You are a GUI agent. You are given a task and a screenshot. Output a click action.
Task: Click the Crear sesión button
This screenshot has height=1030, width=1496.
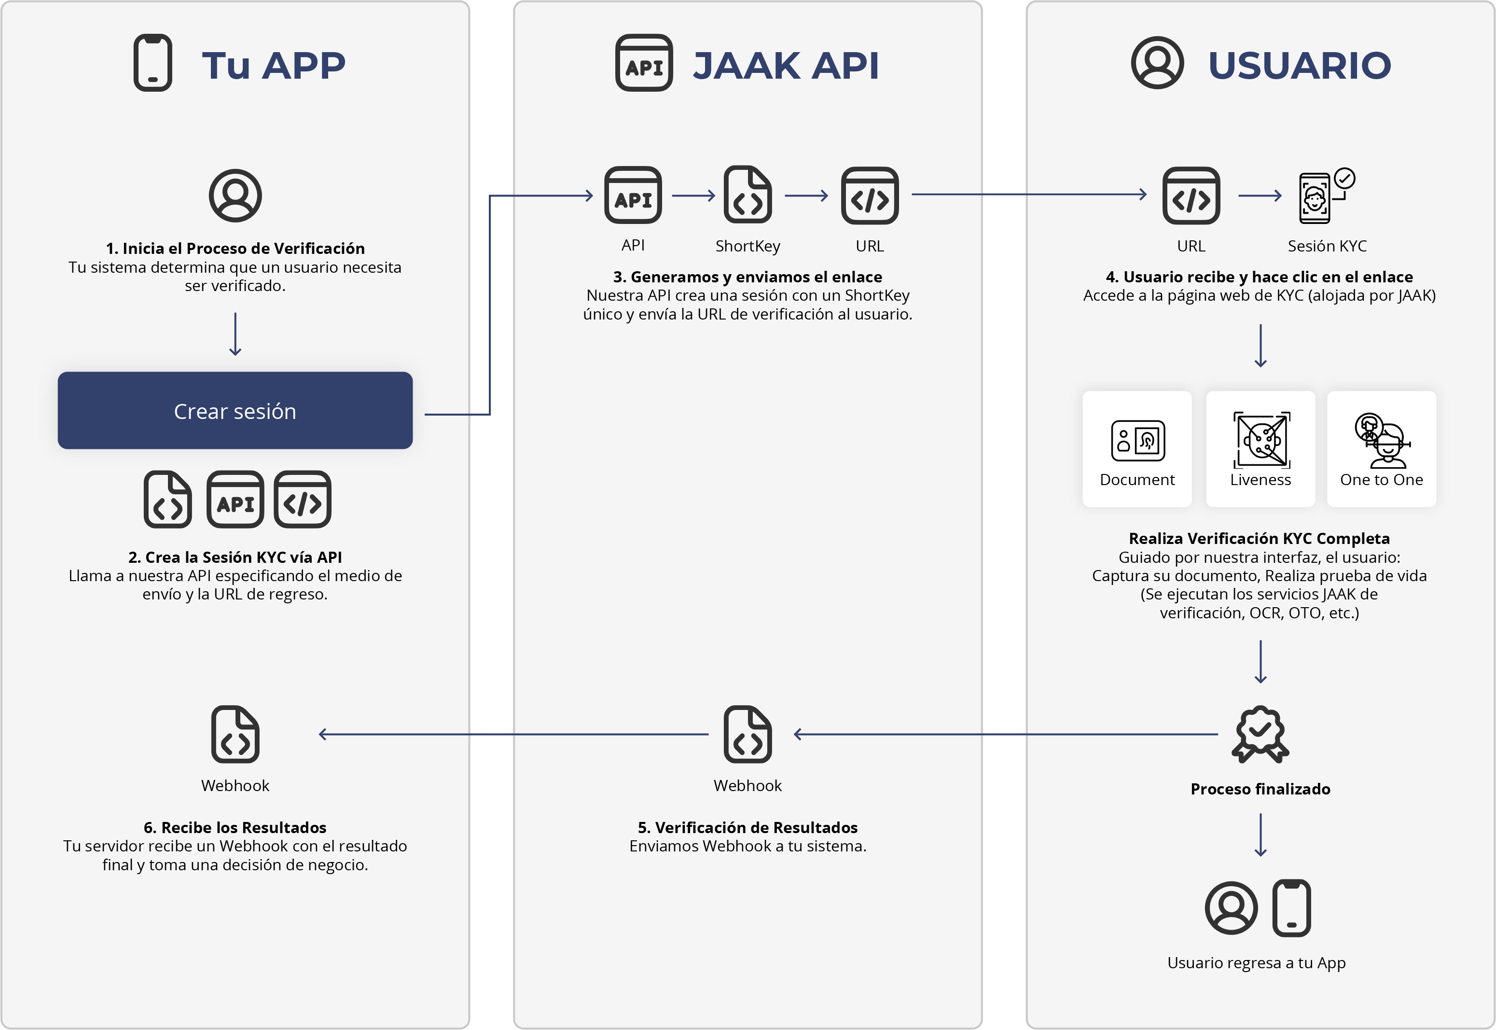235,410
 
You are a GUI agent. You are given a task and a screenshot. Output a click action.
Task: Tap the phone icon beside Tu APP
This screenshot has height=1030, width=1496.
153,63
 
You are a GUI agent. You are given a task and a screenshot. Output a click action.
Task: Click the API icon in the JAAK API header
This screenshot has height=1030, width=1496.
644,63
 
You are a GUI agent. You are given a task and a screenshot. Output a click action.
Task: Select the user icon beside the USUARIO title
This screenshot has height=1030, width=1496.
1157,63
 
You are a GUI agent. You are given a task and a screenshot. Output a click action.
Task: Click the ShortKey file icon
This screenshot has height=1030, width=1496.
748,194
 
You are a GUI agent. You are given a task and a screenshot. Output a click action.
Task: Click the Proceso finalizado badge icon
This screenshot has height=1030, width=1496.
1261,735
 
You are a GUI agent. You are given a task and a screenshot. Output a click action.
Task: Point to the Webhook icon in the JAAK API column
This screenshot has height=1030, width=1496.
748,735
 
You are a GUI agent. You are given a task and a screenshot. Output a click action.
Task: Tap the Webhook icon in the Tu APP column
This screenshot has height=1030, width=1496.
235,735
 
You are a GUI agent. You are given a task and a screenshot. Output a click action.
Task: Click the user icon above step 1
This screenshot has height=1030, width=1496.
235,195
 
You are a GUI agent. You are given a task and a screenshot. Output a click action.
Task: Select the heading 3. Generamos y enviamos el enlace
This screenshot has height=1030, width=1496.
748,277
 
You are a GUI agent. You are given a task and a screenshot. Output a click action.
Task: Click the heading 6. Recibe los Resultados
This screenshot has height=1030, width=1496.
235,827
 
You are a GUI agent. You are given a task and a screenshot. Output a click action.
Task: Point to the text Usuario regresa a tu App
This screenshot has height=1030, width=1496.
1257,963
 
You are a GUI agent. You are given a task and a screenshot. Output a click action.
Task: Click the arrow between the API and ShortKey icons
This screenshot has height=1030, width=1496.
693,195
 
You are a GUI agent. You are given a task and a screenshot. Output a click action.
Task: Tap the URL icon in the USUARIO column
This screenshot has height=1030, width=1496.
1191,195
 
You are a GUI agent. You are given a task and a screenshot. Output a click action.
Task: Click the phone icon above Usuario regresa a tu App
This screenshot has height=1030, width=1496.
1291,908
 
